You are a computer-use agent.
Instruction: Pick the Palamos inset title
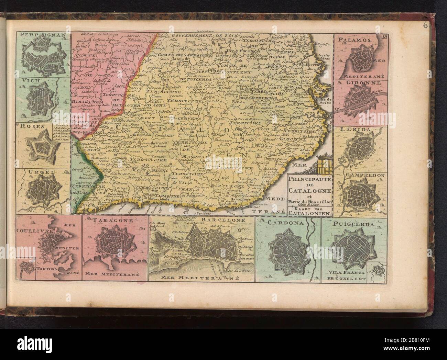(354, 40)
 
